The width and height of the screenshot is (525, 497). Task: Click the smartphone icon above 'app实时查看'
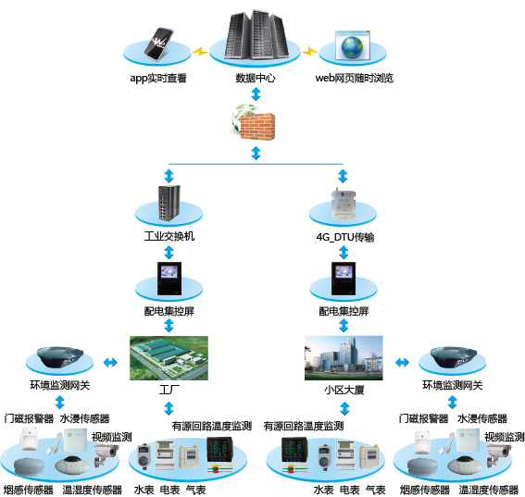point(158,44)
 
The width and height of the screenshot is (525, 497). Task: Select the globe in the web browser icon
point(352,47)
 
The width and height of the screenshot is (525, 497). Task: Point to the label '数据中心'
point(256,78)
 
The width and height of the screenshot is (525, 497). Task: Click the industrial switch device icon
point(169,203)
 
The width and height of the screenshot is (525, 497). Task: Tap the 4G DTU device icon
point(343,204)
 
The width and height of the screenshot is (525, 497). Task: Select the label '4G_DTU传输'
point(344,237)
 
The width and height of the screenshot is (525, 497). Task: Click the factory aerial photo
point(169,358)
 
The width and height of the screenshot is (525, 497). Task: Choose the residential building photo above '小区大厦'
point(344,358)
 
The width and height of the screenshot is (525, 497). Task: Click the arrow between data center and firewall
point(256,94)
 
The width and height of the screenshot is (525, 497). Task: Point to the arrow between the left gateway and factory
point(110,362)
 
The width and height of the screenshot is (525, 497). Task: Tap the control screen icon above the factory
point(169,279)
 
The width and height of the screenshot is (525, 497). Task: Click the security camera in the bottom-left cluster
point(106,455)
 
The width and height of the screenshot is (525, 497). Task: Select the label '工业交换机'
point(169,236)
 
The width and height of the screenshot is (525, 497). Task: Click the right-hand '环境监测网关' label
point(453,385)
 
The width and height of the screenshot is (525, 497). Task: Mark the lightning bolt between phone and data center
point(200,52)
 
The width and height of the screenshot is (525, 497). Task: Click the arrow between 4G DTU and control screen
point(344,253)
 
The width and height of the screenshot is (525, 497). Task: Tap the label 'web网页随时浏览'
point(355,78)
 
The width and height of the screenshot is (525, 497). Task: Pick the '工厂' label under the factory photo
point(169,390)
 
